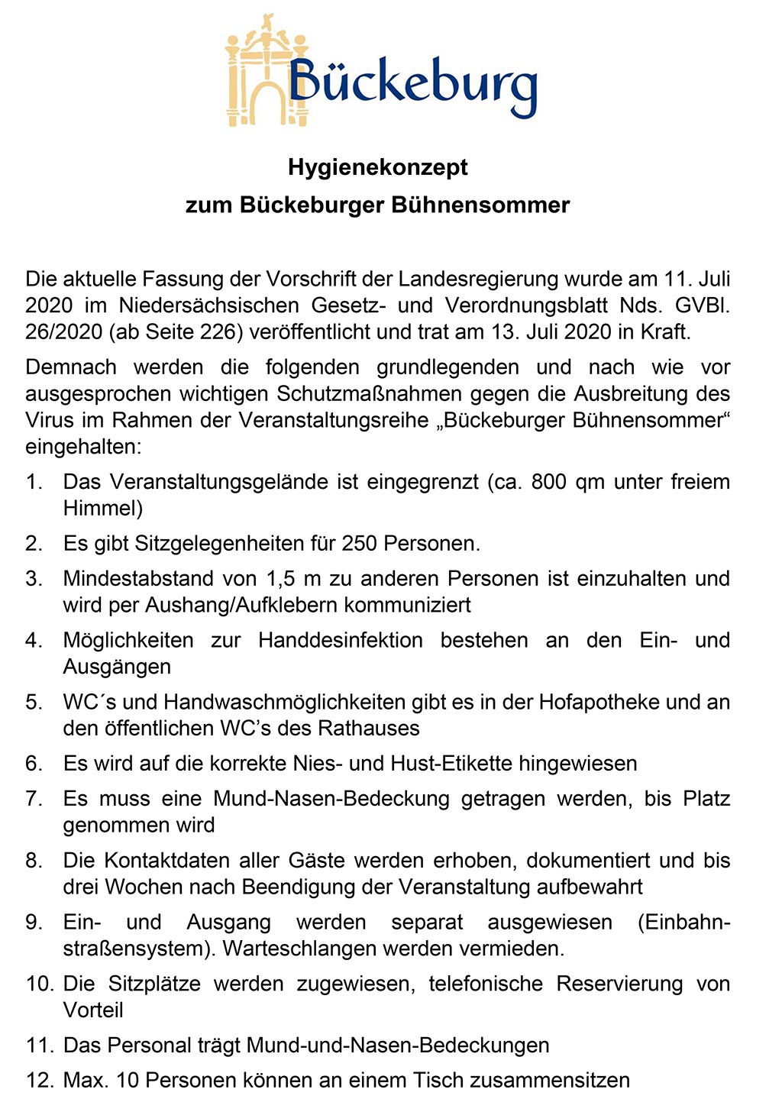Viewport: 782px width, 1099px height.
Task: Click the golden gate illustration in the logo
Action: point(260,73)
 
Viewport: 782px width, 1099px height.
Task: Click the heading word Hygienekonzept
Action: point(378,167)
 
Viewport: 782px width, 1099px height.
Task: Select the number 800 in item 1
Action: point(549,482)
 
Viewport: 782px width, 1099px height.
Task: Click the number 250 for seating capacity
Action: point(360,544)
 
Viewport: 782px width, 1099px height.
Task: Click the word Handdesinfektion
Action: point(341,640)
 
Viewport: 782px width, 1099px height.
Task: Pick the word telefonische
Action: point(486,984)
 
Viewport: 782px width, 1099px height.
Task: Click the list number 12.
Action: point(38,1080)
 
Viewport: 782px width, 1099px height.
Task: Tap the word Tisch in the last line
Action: point(438,1080)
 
